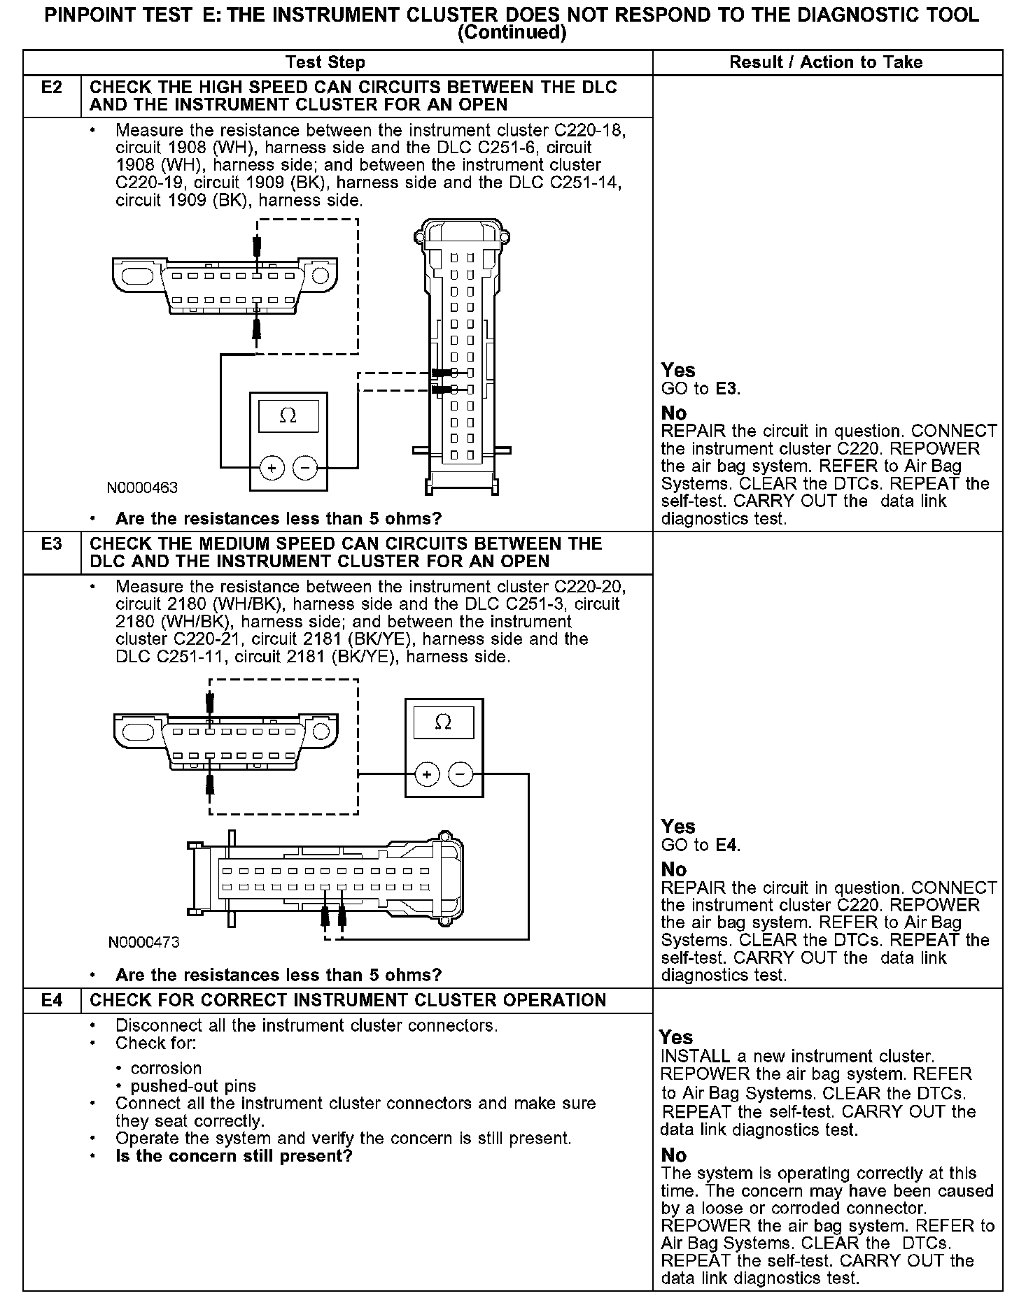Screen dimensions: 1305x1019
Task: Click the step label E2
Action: [52, 87]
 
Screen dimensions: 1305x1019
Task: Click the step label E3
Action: [52, 544]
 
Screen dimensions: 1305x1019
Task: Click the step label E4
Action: [52, 1001]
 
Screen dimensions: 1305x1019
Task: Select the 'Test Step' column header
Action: [325, 62]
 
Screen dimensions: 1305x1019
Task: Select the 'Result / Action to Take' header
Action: [826, 62]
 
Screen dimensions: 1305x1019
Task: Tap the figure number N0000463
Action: [142, 488]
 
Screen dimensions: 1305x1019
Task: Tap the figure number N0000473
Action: [143, 943]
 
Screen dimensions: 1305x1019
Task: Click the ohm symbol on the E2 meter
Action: [288, 415]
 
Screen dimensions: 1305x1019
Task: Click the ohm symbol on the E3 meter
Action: [443, 722]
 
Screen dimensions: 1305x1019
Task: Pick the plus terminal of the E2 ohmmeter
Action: [272, 468]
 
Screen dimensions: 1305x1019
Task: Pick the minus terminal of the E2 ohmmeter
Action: [305, 468]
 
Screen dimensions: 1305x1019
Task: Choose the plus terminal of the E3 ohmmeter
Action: [427, 774]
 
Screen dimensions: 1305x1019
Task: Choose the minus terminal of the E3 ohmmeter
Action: [460, 774]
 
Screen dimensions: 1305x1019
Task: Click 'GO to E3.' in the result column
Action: [701, 389]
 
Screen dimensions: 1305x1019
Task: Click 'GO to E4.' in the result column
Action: [701, 846]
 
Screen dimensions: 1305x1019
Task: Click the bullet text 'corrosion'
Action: [166, 1069]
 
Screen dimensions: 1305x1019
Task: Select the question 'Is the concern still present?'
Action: [234, 1156]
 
